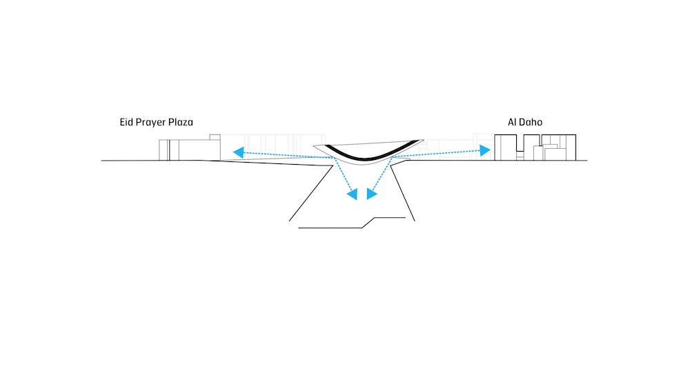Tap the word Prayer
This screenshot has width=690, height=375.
click(151, 123)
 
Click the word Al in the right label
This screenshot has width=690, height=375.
click(512, 122)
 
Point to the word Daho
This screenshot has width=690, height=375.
click(531, 122)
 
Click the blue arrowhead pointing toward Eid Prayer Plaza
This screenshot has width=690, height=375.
click(239, 152)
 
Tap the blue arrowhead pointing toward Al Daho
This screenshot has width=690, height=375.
click(484, 150)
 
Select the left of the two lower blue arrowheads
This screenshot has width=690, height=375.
click(353, 194)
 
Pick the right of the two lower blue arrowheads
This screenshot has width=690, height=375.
click(371, 194)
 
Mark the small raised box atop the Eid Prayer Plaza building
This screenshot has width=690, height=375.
click(215, 137)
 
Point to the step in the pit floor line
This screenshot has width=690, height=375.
click(368, 223)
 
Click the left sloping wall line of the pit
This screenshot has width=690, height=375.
click(310, 194)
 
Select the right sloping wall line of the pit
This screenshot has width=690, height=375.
click(402, 194)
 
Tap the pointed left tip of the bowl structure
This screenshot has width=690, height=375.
click(314, 146)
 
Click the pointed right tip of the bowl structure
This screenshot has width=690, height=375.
click(423, 140)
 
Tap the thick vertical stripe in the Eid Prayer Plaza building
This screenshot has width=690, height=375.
click(168, 150)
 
